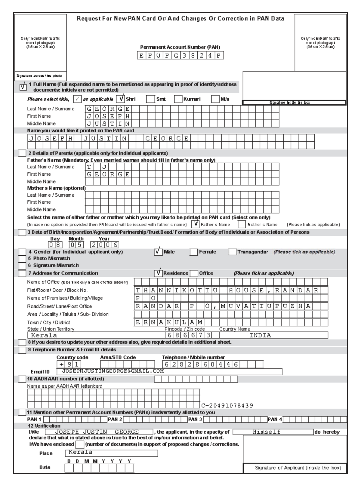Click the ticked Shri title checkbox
(121, 99)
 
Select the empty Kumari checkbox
(178, 99)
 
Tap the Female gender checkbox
(194, 252)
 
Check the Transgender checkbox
(233, 252)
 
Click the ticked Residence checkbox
(158, 273)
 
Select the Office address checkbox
(194, 273)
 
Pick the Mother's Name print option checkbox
(242, 224)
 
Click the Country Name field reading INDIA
(273, 335)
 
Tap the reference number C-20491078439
(227, 406)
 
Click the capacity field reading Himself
(273, 432)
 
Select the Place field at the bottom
(111, 453)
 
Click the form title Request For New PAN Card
(180, 19)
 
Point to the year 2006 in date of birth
(105, 245)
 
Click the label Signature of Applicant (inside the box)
(298, 468)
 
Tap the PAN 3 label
(195, 419)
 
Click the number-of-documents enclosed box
(80, 444)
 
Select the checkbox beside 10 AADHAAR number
(22, 379)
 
